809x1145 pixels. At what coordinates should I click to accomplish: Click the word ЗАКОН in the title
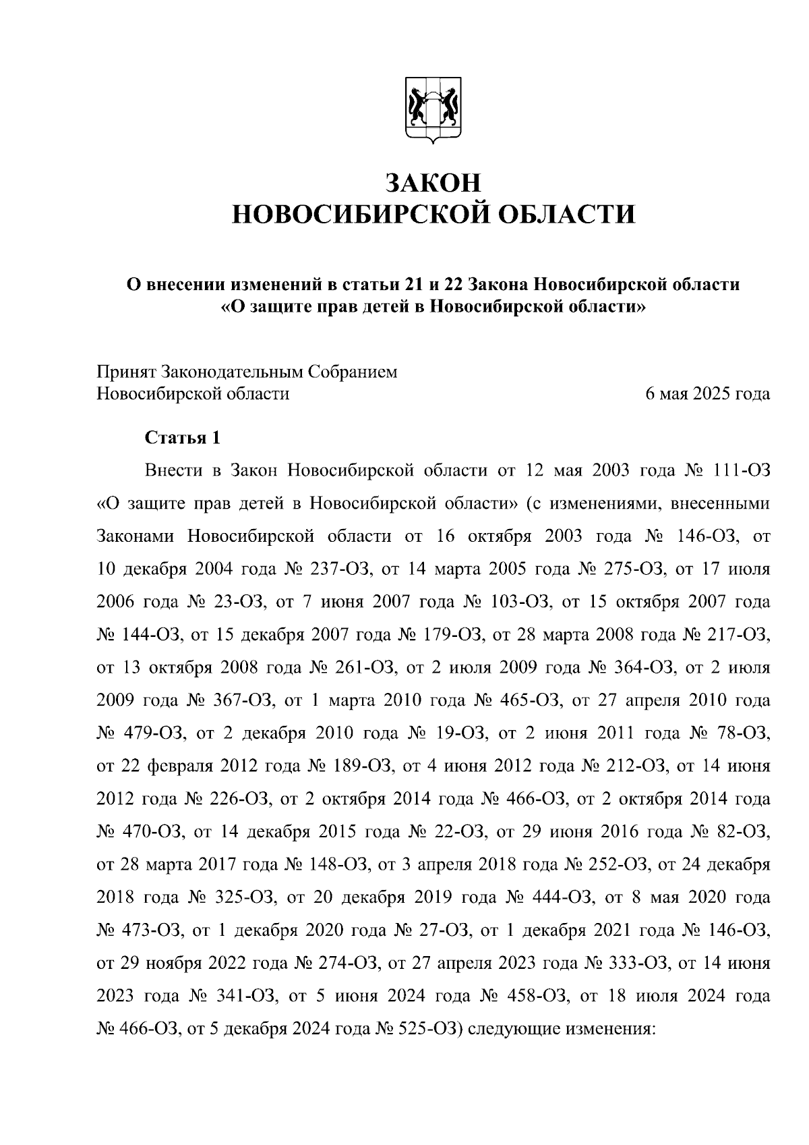pos(433,183)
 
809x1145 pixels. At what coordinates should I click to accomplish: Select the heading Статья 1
pos(183,437)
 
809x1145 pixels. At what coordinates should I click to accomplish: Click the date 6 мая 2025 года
pos(707,393)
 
